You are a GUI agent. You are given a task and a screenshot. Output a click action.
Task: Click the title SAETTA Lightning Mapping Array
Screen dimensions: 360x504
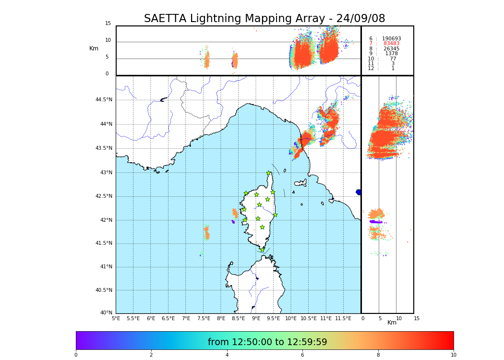[264, 19]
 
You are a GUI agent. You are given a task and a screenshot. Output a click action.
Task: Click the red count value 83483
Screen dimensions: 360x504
[391, 44]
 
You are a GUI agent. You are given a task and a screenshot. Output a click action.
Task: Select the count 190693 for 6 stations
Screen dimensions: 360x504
[391, 38]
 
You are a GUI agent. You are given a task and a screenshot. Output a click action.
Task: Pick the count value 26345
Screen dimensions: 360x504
[391, 48]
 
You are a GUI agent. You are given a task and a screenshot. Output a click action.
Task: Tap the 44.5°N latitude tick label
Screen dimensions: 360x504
[104, 100]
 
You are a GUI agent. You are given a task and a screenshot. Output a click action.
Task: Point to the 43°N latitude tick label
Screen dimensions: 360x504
[106, 173]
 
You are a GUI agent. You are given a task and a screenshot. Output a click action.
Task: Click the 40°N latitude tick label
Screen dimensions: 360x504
[106, 313]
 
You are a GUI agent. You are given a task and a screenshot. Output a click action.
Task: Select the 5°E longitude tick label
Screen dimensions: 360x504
[116, 318]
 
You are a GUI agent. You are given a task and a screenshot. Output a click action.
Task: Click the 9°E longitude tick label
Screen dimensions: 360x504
[256, 318]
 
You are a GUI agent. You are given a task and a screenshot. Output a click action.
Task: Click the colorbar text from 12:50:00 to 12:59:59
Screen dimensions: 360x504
[267, 342]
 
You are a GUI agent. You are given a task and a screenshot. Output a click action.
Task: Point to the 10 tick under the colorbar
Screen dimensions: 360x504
[453, 355]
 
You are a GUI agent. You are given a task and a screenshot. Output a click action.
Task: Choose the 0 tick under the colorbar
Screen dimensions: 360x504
[76, 355]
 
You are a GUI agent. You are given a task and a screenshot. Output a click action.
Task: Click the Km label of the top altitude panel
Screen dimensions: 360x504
[94, 48]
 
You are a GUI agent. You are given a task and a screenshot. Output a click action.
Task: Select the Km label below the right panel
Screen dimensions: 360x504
[392, 323]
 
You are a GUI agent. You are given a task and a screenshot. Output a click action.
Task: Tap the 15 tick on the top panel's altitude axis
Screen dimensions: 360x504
[108, 24]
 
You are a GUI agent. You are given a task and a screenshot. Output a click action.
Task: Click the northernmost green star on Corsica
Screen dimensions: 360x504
[269, 173]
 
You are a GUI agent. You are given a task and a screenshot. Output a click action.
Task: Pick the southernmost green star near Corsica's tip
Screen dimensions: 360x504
[262, 250]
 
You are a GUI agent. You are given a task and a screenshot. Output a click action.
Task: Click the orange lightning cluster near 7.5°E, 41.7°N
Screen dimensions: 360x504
[207, 233]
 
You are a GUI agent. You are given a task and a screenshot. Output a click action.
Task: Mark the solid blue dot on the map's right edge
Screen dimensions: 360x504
[359, 192]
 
